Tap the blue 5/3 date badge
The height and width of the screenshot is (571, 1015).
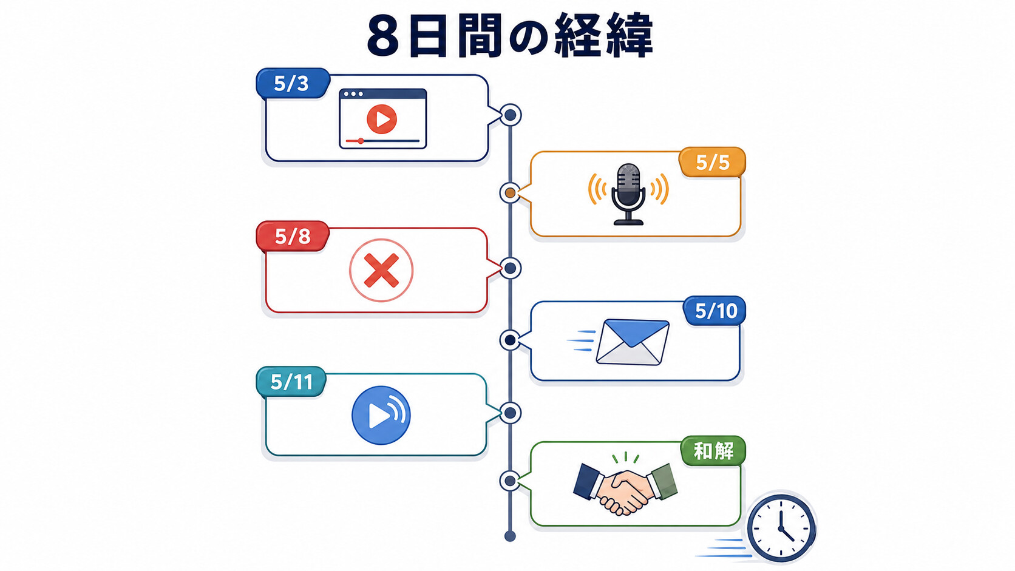click(293, 83)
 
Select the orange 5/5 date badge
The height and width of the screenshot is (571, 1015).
click(712, 162)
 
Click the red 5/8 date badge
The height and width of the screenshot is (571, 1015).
click(293, 237)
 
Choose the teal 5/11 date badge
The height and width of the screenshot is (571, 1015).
click(291, 382)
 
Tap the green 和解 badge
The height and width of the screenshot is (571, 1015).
click(713, 451)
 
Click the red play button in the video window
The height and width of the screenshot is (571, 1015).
click(381, 119)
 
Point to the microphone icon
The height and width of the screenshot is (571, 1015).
click(628, 194)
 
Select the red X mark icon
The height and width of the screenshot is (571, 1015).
click(381, 271)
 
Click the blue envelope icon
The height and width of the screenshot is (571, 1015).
click(633, 342)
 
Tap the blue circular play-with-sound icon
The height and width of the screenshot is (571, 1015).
click(381, 415)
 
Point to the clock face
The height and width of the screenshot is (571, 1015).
click(781, 528)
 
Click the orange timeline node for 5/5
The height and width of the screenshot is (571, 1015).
click(510, 194)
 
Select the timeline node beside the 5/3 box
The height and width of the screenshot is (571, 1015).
click(510, 115)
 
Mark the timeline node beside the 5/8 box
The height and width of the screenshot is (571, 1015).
click(510, 269)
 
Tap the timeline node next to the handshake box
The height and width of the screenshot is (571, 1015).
click(510, 481)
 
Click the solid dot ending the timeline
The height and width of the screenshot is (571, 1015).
click(510, 536)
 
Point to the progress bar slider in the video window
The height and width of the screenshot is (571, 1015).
click(361, 141)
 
